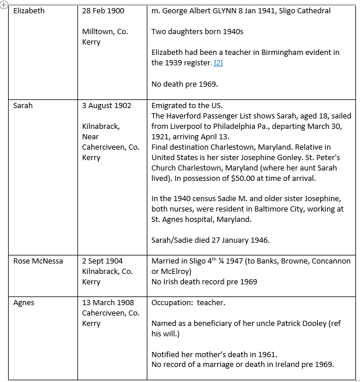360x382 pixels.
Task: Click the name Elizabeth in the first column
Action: [x=29, y=11]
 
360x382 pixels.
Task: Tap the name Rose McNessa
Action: [x=38, y=261]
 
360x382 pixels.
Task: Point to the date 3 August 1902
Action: [x=106, y=106]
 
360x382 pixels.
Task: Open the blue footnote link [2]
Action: [x=218, y=63]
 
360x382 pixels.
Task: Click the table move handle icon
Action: [x=4, y=4]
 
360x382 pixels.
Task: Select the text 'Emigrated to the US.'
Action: [x=185, y=106]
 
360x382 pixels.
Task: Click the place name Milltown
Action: [x=99, y=32]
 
